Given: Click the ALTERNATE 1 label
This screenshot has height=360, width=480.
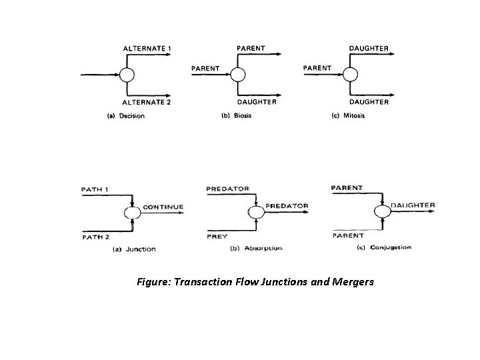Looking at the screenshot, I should [x=147, y=49].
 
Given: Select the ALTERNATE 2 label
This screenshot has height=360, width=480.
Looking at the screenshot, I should [x=147, y=102].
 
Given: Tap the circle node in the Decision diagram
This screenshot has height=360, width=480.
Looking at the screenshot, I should [x=127, y=75].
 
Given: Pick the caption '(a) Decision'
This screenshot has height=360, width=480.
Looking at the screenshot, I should [x=126, y=115].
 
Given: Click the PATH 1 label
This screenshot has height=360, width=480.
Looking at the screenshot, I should [x=96, y=189].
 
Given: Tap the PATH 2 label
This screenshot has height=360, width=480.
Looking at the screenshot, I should [x=96, y=237].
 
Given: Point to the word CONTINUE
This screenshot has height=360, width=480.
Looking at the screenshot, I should [x=163, y=207].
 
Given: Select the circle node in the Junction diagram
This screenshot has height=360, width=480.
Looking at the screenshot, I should [x=132, y=213].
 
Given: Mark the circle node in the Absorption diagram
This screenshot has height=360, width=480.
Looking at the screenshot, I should [x=255, y=211].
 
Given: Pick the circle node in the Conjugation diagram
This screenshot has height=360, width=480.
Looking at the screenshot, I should [x=382, y=211].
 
